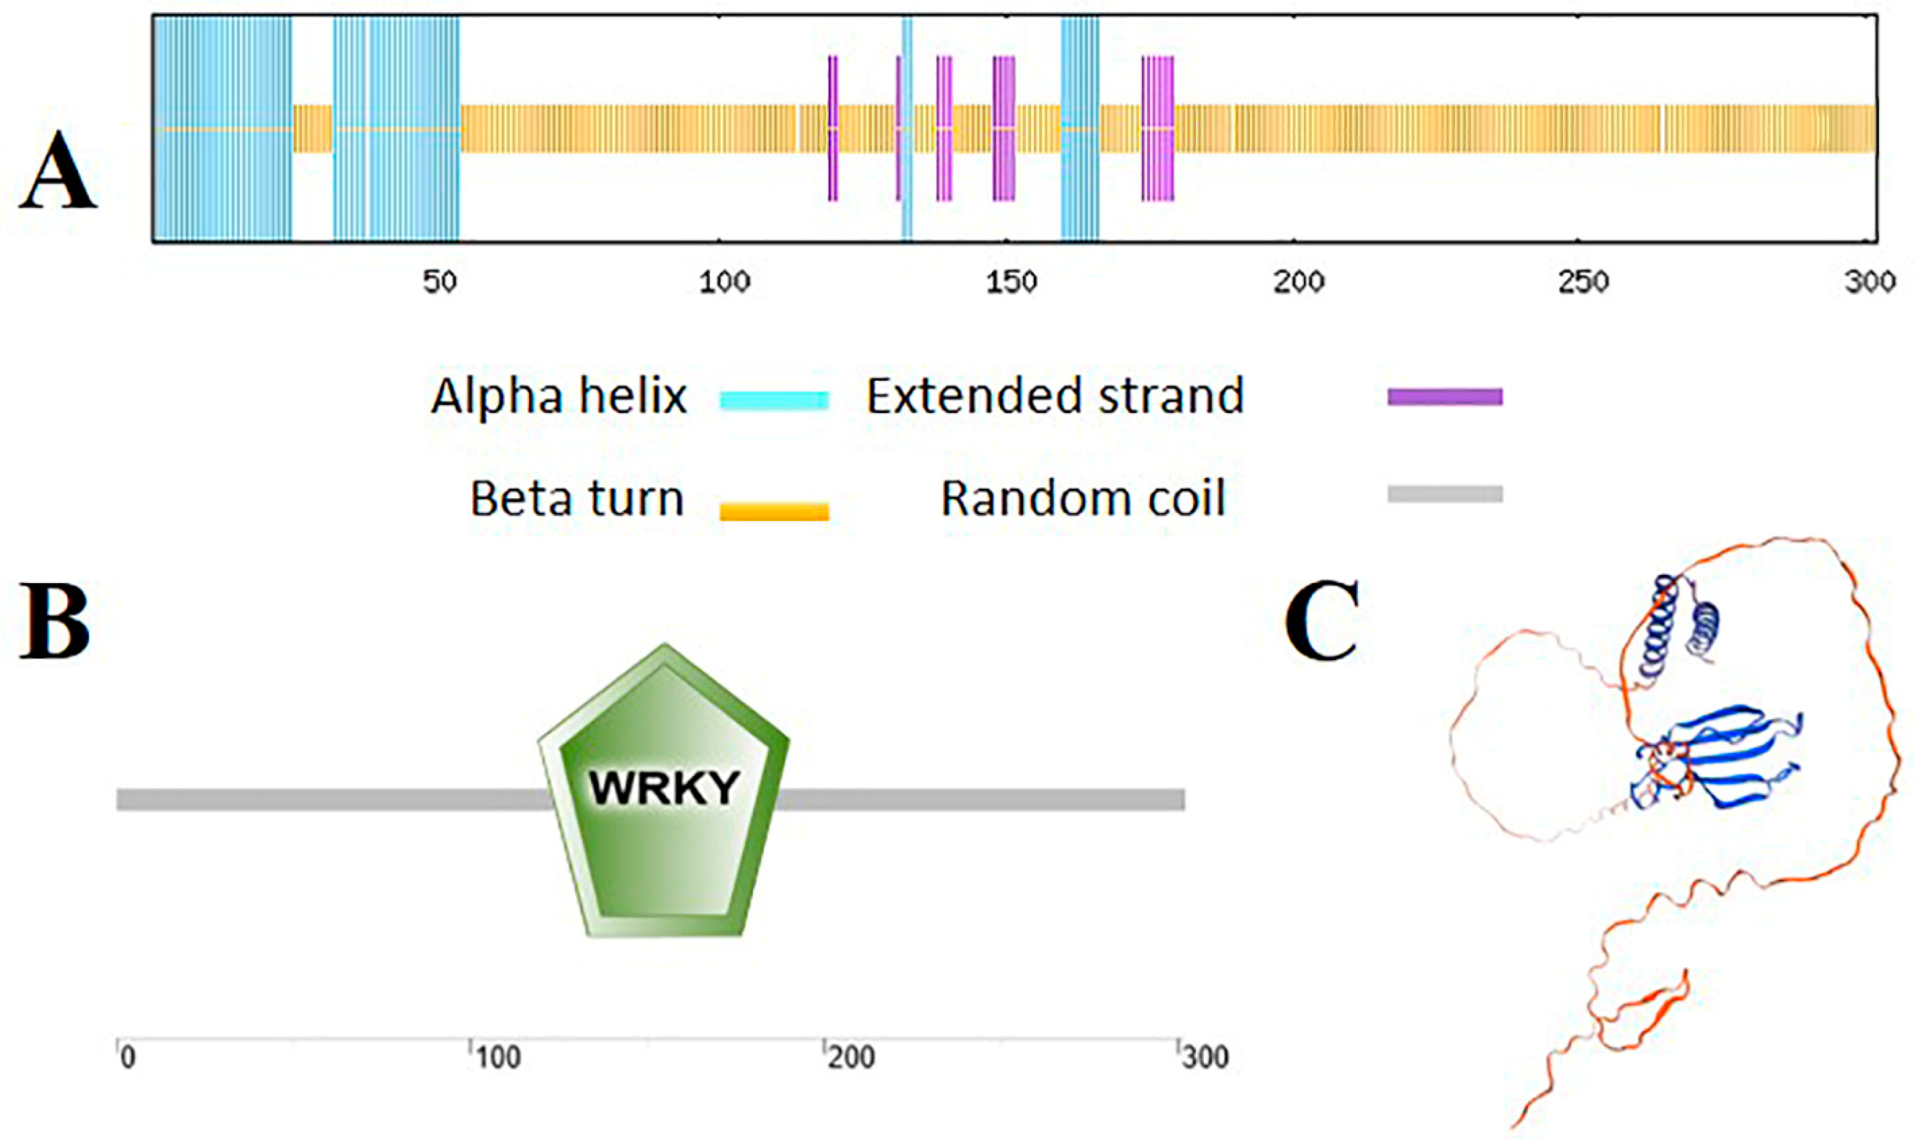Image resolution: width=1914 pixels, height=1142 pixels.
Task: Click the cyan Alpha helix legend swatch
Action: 774,399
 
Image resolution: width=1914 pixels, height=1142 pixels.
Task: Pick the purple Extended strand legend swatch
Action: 1445,397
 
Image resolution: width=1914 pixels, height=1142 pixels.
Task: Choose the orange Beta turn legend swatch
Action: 774,511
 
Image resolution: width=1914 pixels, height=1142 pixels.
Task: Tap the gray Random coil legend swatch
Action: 1445,493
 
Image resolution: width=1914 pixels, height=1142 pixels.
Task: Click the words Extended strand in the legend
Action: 1055,397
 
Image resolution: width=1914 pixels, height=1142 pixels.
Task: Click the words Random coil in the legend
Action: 1082,499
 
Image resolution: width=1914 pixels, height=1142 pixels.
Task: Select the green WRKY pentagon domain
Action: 664,793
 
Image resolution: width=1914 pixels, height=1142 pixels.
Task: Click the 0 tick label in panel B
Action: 128,1058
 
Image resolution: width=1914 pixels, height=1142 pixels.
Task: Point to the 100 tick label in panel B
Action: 497,1058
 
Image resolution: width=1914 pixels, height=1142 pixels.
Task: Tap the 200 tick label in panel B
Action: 851,1058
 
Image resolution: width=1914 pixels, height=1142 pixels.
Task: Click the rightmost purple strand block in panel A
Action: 1157,128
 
